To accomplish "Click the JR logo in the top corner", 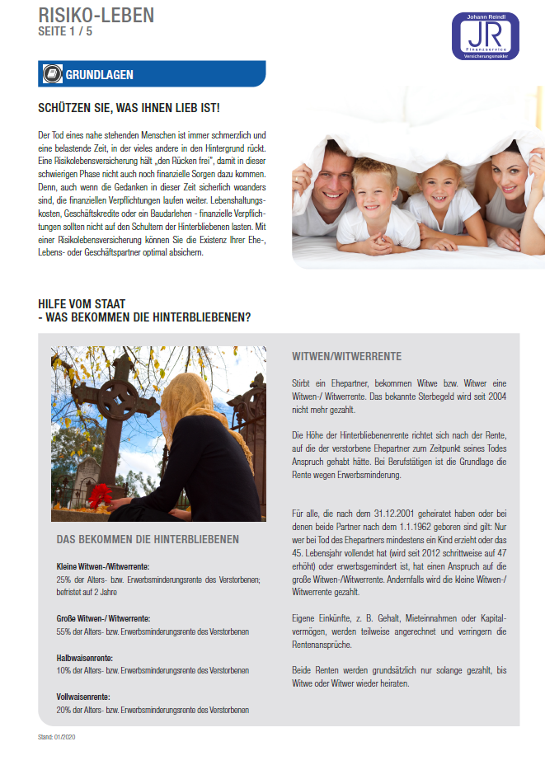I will pyautogui.click(x=486, y=35).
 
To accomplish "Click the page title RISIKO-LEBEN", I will pyautogui.click(x=85, y=14).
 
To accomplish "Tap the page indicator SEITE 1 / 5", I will pyautogui.click(x=67, y=31).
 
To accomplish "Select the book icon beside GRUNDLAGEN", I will pyautogui.click(x=51, y=74).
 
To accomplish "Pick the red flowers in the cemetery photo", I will pyautogui.click(x=101, y=495).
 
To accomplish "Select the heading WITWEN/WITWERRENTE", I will pyautogui.click(x=346, y=357).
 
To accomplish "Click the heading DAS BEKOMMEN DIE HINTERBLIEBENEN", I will pyautogui.click(x=148, y=539).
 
